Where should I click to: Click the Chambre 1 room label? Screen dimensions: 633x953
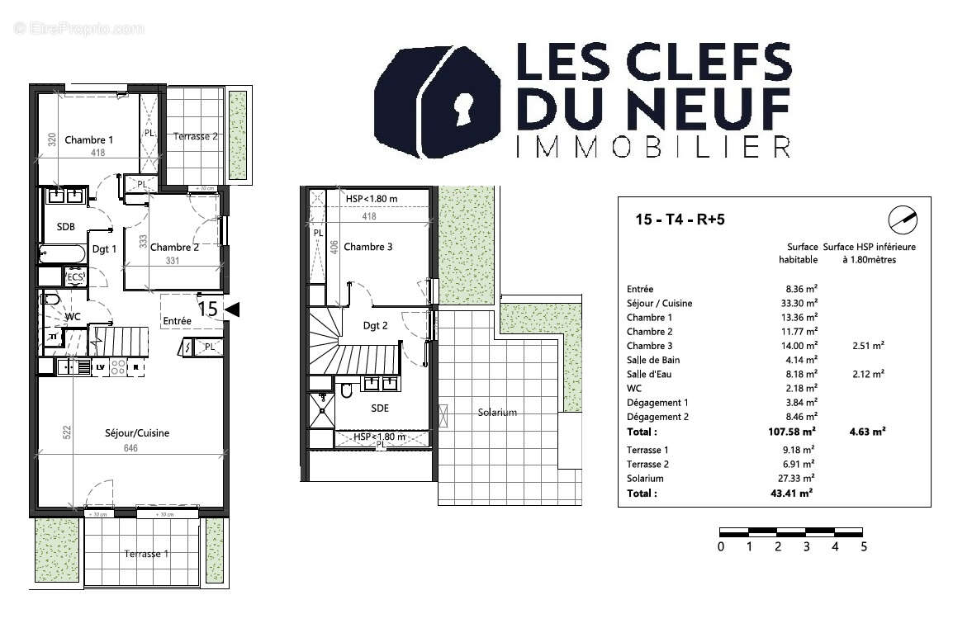(89, 139)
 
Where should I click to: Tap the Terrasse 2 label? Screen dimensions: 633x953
(196, 136)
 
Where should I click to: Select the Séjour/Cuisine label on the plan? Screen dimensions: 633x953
(137, 432)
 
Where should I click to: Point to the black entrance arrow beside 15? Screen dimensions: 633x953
(232, 309)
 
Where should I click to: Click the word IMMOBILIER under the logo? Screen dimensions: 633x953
(652, 148)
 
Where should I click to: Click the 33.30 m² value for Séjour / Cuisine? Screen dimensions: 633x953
(800, 303)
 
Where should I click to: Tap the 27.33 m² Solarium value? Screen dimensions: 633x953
(798, 479)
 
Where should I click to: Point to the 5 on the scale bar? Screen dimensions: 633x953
(864, 546)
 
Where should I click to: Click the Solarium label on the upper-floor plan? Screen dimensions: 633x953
(497, 412)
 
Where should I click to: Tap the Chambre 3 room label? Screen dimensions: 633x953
(369, 247)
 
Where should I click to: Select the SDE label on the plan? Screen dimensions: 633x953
(380, 408)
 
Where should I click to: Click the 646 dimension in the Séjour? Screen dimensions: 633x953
(130, 448)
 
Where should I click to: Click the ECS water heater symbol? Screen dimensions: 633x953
(75, 277)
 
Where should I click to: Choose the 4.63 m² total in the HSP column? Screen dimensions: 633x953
(868, 432)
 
